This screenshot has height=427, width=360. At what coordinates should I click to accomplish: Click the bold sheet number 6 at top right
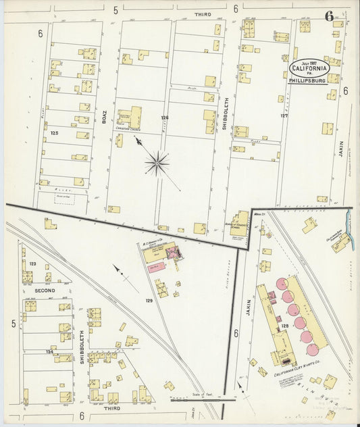click(x=329, y=16)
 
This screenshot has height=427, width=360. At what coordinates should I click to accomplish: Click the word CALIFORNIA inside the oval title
click(x=310, y=68)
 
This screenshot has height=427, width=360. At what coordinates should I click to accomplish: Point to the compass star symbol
click(x=157, y=162)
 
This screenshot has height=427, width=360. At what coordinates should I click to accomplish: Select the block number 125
click(x=55, y=133)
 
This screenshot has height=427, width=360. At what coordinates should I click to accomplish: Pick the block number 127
click(x=284, y=116)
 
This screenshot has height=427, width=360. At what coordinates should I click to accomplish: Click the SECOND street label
click(x=45, y=290)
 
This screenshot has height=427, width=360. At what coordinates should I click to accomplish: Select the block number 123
click(x=32, y=263)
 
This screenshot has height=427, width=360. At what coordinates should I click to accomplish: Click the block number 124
click(x=49, y=351)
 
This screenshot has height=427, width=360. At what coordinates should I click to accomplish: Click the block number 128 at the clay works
click(x=284, y=326)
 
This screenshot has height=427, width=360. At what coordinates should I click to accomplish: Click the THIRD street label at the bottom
click(x=111, y=409)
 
